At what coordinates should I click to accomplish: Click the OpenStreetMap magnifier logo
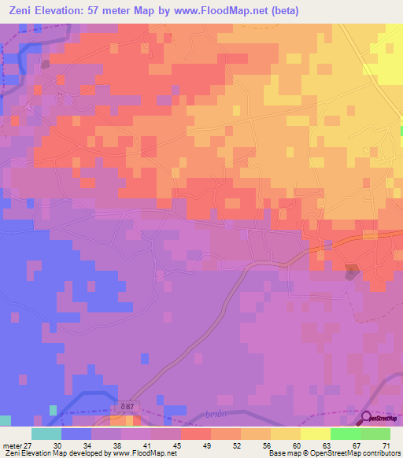367,418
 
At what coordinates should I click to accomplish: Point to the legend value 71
386,446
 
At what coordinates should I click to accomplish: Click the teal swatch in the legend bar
46,434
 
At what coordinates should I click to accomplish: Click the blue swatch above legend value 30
76,434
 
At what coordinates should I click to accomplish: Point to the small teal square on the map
54,410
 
